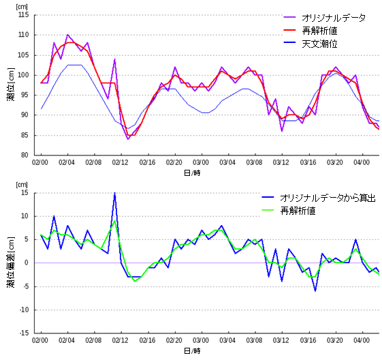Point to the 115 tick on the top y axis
point(22,14)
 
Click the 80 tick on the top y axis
point(25,155)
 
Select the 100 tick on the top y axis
point(22,75)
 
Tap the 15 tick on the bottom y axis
point(25,193)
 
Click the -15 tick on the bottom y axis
point(23,333)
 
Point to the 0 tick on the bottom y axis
point(27,263)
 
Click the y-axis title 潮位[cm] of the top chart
point(10,85)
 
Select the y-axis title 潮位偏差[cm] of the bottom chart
point(10,263)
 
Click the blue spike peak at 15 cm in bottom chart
point(114,193)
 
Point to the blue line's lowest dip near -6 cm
point(315,290)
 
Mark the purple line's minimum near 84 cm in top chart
point(127,139)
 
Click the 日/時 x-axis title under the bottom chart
point(193,350)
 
